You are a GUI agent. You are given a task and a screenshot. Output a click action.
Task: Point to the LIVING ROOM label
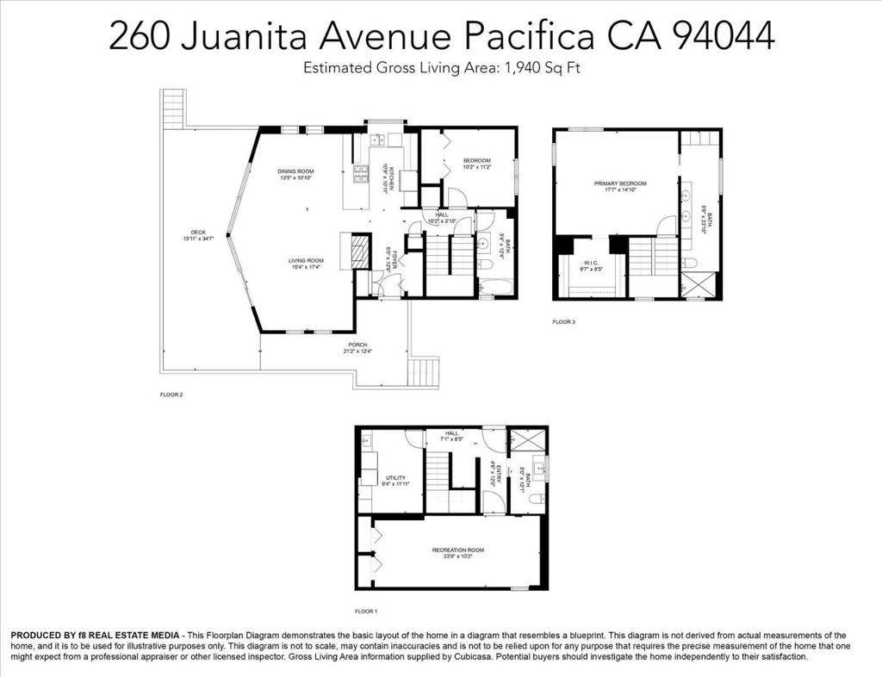(305, 260)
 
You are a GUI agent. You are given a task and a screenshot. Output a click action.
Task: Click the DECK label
(198, 232)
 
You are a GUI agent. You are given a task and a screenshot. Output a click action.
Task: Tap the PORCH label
(357, 345)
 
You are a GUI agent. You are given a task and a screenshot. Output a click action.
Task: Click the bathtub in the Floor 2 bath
(493, 284)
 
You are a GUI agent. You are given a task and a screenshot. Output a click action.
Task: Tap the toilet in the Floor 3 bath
(689, 263)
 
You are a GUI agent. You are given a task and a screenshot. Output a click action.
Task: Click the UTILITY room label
(395, 477)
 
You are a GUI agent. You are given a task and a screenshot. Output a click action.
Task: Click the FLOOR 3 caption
(563, 322)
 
